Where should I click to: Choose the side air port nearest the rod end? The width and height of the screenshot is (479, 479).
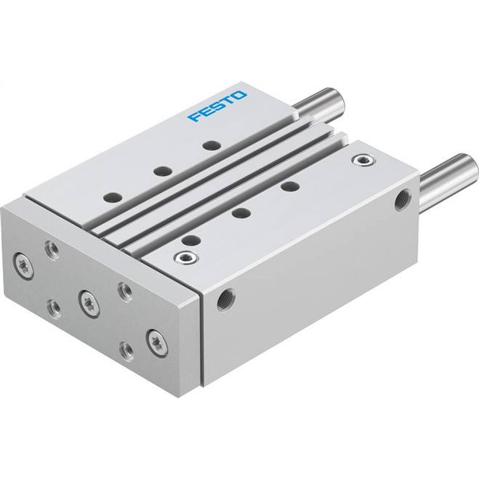pos(399,199)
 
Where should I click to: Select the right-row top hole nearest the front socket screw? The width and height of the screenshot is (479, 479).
pos(191,240)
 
